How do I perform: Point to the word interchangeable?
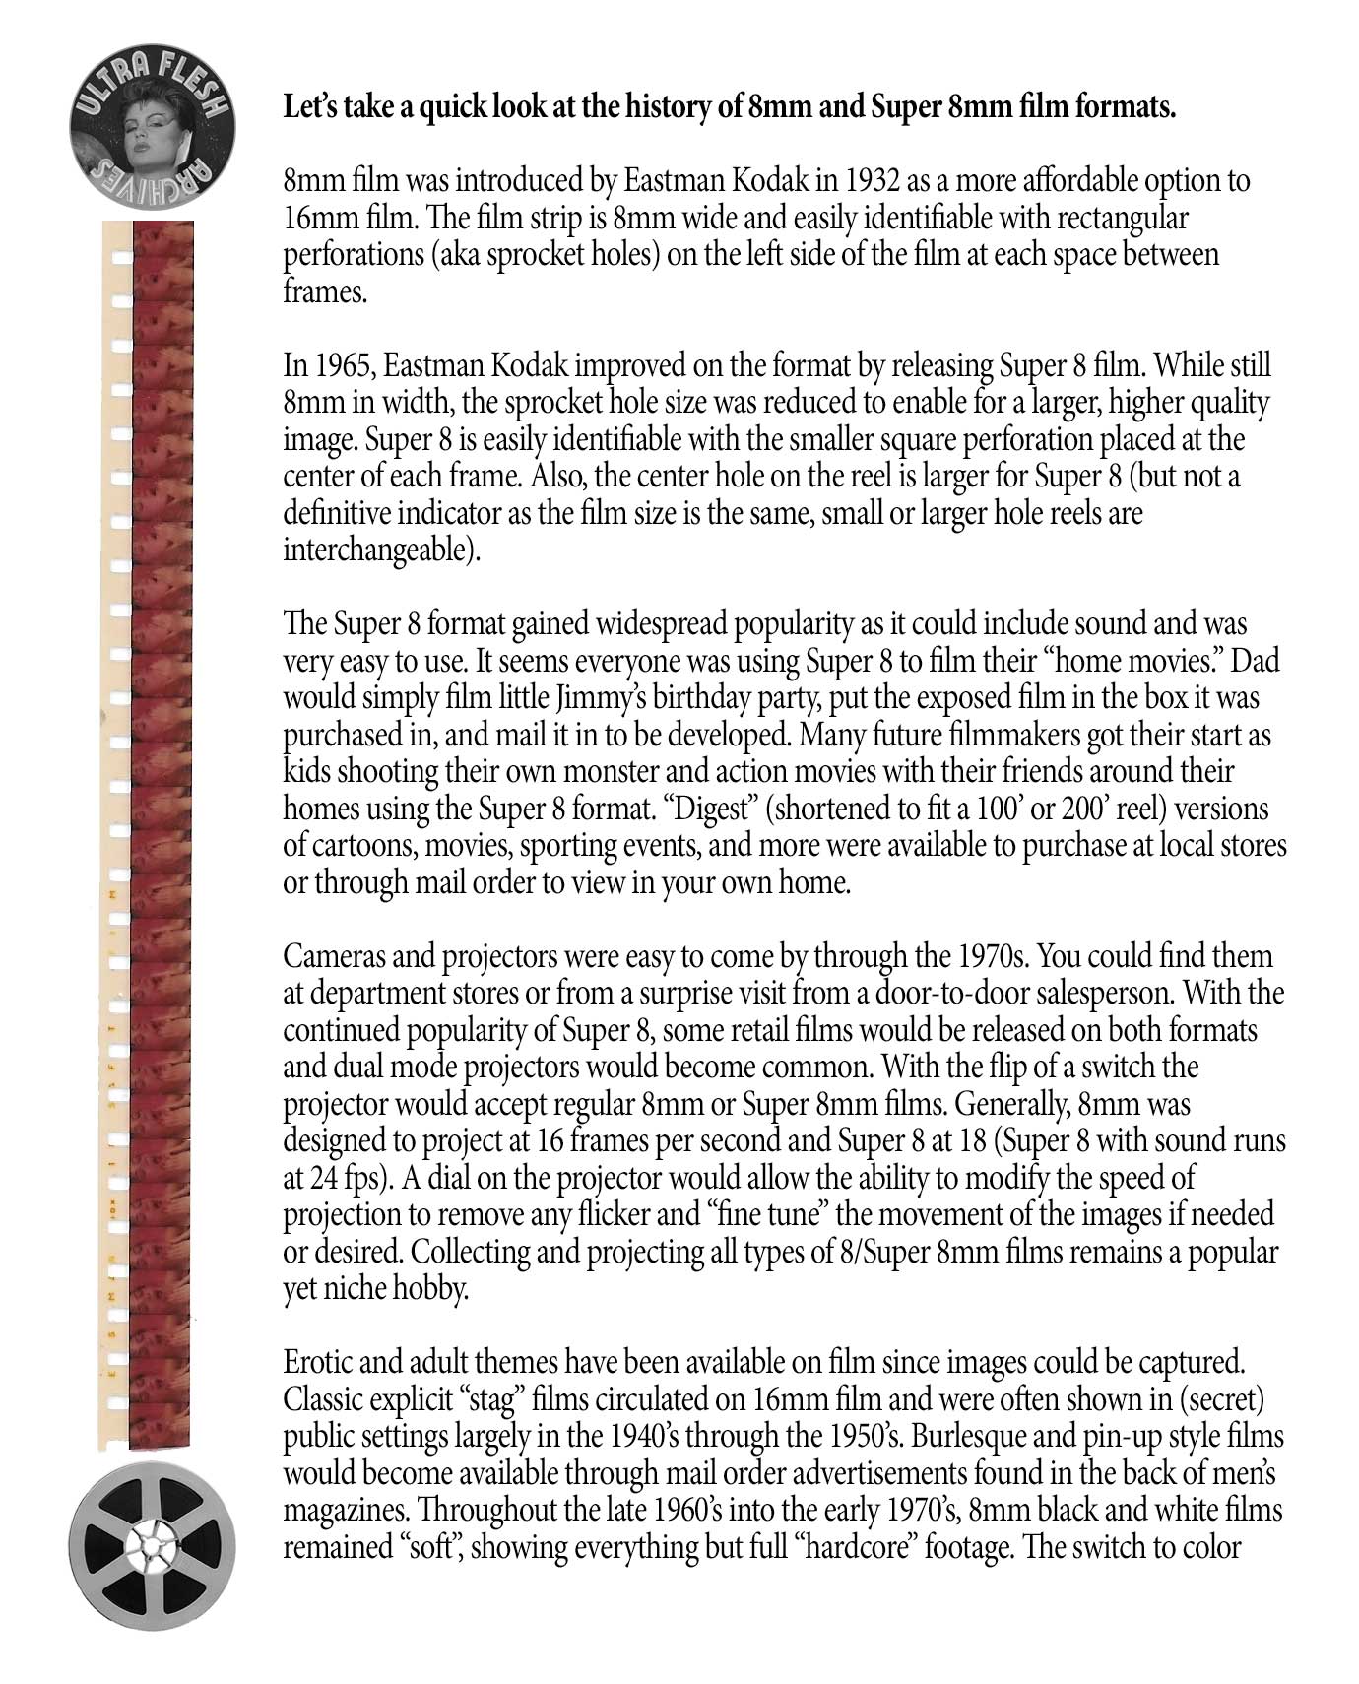click(381, 551)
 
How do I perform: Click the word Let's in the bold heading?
click(308, 107)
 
